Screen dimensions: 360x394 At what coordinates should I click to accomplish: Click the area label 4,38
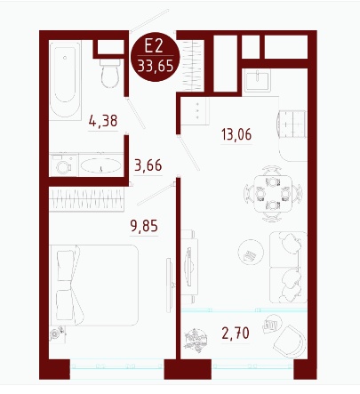(103, 121)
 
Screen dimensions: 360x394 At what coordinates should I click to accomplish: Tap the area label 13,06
(236, 134)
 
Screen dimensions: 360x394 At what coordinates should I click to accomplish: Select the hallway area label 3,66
(148, 165)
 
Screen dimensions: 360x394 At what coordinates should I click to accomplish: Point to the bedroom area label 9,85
(144, 226)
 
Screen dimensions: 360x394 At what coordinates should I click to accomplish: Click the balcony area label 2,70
(236, 334)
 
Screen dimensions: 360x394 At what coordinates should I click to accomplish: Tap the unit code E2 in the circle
(154, 46)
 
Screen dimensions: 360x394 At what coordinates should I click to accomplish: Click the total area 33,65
(156, 67)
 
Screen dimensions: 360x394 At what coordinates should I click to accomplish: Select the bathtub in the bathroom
(65, 81)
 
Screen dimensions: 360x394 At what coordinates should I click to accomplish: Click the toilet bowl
(110, 74)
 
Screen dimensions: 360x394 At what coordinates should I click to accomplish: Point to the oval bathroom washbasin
(100, 165)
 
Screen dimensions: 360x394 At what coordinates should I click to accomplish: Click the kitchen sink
(258, 80)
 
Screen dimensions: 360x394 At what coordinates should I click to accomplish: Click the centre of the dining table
(273, 193)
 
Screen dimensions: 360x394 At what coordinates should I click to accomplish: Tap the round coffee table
(251, 253)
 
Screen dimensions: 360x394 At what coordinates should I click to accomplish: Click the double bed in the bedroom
(94, 285)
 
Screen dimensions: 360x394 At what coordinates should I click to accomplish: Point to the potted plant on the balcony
(196, 341)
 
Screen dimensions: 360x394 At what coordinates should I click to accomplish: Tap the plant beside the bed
(58, 334)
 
